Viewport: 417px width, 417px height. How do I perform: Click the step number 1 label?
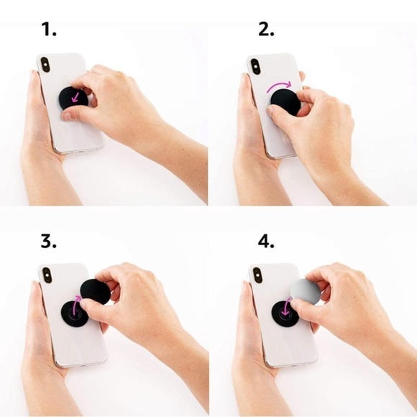point(49,29)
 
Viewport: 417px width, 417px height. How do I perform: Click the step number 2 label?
point(266,29)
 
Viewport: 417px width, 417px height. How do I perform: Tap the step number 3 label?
point(49,241)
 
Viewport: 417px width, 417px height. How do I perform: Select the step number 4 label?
point(266,241)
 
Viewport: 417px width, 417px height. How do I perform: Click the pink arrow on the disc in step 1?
point(75,98)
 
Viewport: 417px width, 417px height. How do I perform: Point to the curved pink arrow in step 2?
point(279,85)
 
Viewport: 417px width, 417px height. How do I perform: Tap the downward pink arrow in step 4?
point(285,306)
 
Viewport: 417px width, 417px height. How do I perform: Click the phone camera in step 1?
point(45,65)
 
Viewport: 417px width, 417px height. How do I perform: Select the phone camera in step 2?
point(255,66)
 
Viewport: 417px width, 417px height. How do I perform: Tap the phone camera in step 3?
point(47,275)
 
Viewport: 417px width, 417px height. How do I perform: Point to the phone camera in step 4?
point(257,275)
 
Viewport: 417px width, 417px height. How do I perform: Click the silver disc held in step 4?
point(306,292)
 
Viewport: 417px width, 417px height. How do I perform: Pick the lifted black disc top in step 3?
point(96,292)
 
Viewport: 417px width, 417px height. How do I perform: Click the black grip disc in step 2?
point(286,102)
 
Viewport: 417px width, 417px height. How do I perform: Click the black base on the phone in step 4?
point(285,314)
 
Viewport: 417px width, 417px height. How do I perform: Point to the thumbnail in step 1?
point(66,116)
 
